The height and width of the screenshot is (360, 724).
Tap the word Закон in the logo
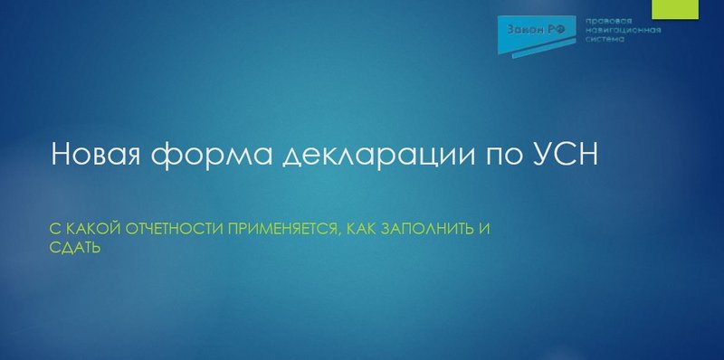point(523,30)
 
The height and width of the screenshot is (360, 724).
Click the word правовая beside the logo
point(607,20)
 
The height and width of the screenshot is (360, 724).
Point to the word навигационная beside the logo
point(624,30)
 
